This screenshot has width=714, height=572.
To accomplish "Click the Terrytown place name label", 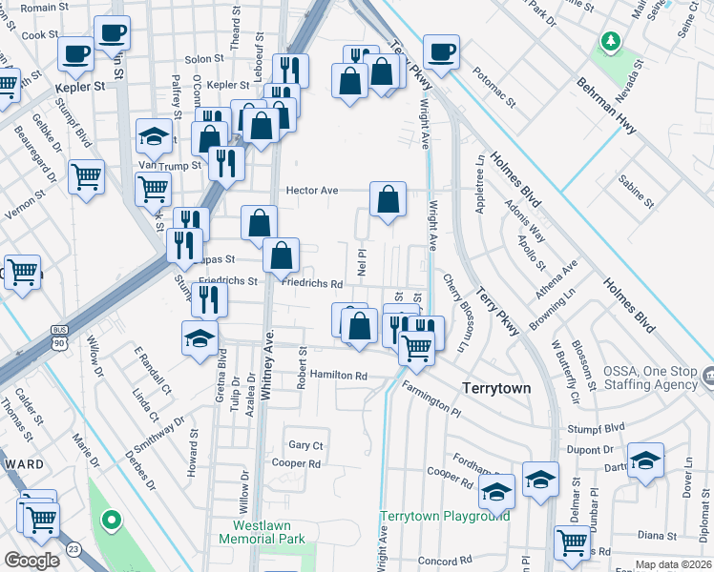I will (x=496, y=389).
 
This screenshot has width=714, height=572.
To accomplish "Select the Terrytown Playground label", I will (x=445, y=516).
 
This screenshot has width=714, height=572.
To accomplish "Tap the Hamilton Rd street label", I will (x=338, y=376).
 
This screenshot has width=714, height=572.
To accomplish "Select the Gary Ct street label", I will (x=306, y=445).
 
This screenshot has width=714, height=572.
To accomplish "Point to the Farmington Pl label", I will (x=430, y=397).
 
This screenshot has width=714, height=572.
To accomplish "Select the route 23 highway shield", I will (x=73, y=549).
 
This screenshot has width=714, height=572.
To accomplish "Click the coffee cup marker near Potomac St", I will (x=441, y=51).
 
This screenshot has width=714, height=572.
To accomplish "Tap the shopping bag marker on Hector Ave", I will (x=388, y=199).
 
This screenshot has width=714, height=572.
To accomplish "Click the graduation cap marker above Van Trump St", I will (x=153, y=136).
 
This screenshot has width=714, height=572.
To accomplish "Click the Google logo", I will (x=32, y=561).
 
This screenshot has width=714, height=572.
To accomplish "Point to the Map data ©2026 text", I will (x=674, y=564).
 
